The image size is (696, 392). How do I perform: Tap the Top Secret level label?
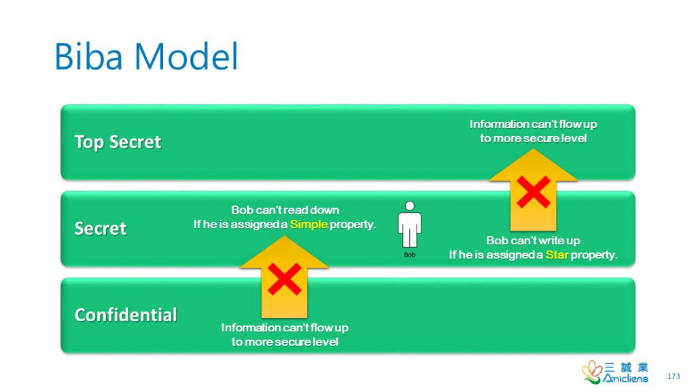[x=118, y=142]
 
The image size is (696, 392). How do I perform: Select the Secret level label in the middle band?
[x=101, y=228]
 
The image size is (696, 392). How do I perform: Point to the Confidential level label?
[x=126, y=314]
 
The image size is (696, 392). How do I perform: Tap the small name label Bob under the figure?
[x=409, y=255]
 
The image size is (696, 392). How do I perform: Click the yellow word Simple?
[x=309, y=224]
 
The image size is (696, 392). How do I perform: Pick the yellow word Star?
[x=557, y=255]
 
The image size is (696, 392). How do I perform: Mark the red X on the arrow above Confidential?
[x=285, y=280]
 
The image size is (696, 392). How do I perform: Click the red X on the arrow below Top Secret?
[x=534, y=193]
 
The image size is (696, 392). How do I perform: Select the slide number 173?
[x=674, y=376]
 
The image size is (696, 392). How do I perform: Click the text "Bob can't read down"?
[x=285, y=210]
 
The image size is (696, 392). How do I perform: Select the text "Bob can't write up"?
[x=533, y=241]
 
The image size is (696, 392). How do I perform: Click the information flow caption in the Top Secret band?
[x=533, y=131]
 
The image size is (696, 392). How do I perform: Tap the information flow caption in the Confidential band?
[x=285, y=334]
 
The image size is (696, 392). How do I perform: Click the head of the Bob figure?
[x=409, y=206]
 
